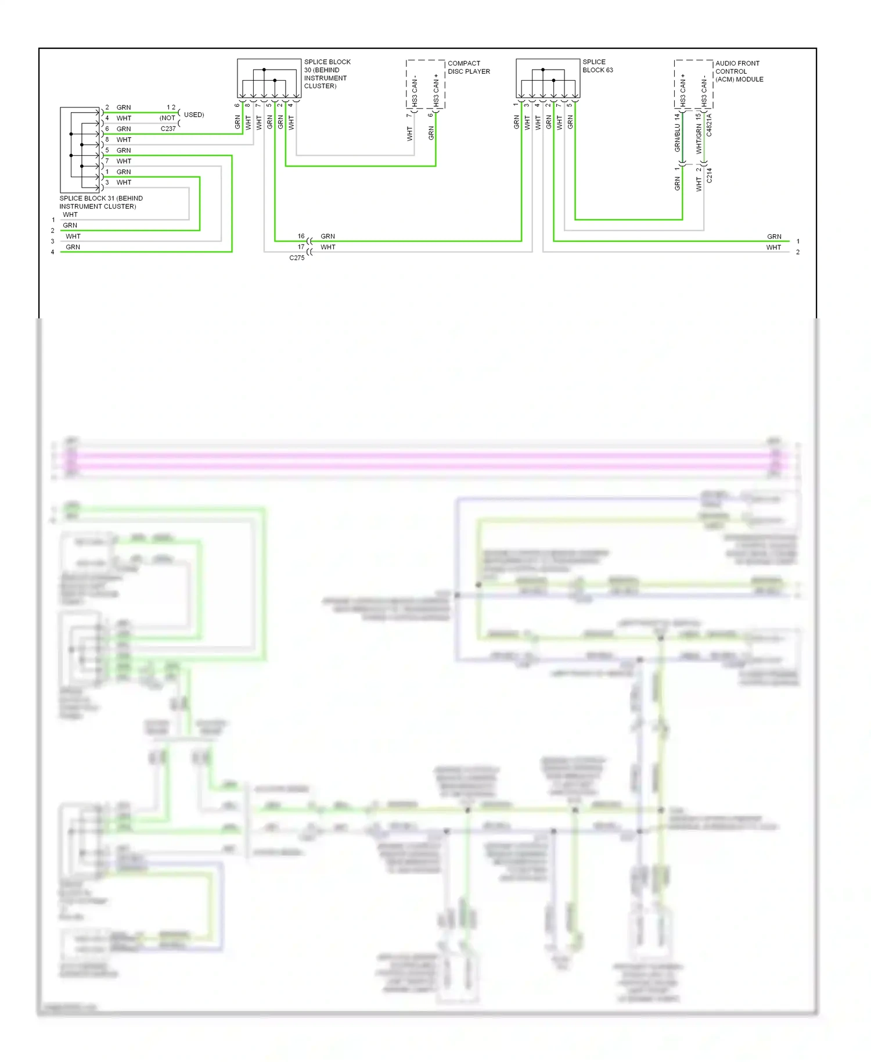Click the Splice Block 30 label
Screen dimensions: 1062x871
click(327, 74)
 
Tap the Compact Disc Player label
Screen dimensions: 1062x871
click(469, 67)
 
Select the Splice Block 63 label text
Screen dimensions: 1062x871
click(598, 66)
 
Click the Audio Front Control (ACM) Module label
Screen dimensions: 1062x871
click(739, 71)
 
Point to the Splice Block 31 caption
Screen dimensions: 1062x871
click(100, 202)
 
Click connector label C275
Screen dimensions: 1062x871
click(297, 258)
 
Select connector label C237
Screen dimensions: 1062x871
click(168, 129)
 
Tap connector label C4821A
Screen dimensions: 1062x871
click(709, 125)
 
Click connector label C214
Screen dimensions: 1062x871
click(709, 175)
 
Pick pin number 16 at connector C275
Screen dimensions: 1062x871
click(301, 236)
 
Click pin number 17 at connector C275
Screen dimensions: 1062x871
click(301, 247)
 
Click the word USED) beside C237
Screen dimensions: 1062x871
click(194, 115)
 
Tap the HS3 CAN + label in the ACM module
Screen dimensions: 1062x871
click(683, 90)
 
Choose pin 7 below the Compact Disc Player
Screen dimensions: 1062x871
click(409, 115)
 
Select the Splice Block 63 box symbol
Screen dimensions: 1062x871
click(548, 78)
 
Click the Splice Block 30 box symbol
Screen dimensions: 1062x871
click(269, 78)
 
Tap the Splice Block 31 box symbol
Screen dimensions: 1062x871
click(80, 150)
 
